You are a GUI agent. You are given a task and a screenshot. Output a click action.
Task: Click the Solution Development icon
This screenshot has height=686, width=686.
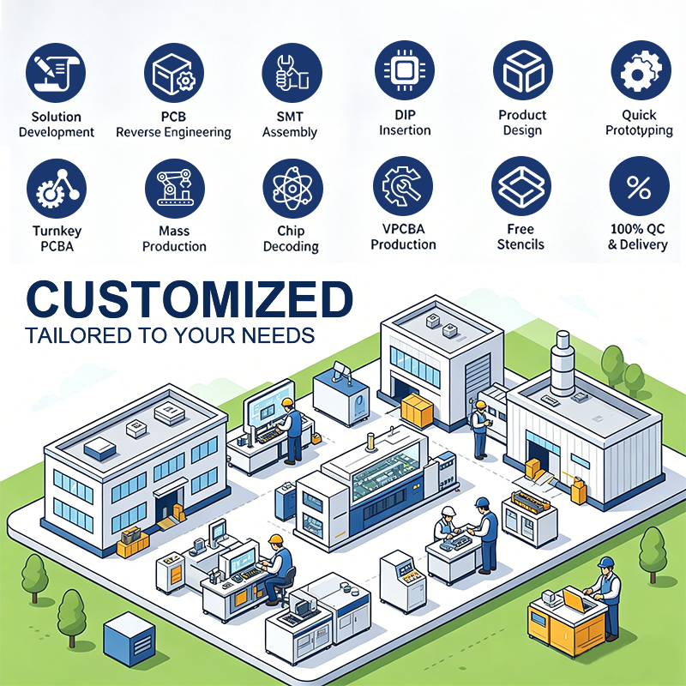[56, 73]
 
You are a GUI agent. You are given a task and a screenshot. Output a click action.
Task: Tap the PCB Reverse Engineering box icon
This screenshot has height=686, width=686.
[174, 73]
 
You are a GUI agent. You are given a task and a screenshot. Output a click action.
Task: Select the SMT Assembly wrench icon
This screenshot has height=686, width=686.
[292, 73]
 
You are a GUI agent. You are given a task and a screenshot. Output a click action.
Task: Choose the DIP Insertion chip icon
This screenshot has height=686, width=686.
[405, 70]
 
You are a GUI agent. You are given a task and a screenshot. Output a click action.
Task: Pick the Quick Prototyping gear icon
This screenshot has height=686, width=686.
[641, 70]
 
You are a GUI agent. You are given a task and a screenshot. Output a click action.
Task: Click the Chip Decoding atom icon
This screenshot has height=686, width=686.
[292, 189]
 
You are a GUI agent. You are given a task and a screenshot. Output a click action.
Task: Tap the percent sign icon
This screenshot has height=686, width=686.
[639, 186]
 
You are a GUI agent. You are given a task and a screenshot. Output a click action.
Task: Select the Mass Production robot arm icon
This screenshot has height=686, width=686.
[175, 189]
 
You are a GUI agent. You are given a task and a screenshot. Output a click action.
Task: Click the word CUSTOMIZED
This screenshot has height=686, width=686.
[190, 299]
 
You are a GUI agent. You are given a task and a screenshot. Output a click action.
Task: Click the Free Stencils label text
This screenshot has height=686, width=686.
[521, 237]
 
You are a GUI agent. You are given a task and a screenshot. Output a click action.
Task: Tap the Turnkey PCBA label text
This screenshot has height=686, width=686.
[57, 238]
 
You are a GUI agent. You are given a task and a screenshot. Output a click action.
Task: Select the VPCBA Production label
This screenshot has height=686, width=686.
[403, 237]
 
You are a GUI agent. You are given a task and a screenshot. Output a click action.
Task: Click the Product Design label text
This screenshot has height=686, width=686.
[522, 123]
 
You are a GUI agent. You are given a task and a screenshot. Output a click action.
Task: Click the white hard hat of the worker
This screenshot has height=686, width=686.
[448, 510]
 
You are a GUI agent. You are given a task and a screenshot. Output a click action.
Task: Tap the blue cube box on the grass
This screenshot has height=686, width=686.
[129, 639]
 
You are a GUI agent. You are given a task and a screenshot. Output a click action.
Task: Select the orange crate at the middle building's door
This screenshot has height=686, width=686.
[417, 411]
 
